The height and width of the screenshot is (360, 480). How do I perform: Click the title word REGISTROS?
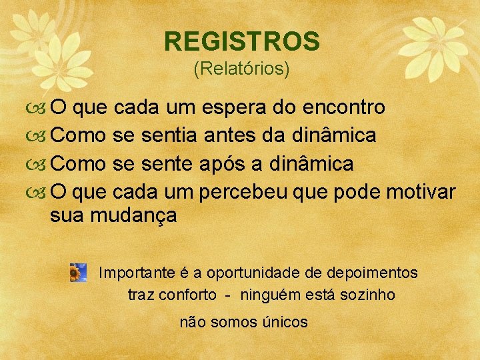[242, 41]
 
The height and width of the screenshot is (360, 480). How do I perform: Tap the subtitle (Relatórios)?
[241, 68]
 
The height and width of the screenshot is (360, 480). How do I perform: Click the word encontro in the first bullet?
[343, 107]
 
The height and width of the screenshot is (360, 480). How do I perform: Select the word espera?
[232, 107]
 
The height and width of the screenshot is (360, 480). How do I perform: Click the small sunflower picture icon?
[78, 273]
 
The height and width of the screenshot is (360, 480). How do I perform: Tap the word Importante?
[133, 273]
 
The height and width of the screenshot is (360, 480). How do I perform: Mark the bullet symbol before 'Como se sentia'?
[39, 136]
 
